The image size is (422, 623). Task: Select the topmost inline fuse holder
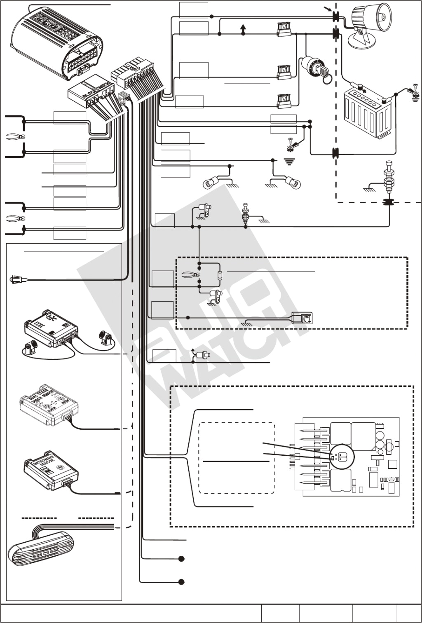click(284, 29)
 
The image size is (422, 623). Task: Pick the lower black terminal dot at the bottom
click(181, 582)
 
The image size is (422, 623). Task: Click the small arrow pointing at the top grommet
click(327, 8)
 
